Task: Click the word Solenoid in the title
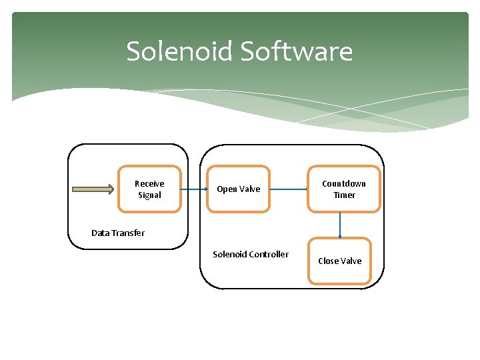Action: pyautogui.click(x=179, y=51)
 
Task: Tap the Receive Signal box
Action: pyautogui.click(x=149, y=189)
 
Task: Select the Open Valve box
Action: pyautogui.click(x=238, y=189)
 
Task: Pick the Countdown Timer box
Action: pyautogui.click(x=344, y=189)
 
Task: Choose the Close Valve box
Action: pyautogui.click(x=340, y=261)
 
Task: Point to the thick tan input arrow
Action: pyautogui.click(x=93, y=189)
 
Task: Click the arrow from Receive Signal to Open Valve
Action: pyautogui.click(x=194, y=189)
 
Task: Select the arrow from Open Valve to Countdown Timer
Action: pyautogui.click(x=289, y=189)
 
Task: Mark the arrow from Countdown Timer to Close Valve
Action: pyautogui.click(x=340, y=225)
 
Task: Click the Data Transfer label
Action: pyautogui.click(x=118, y=233)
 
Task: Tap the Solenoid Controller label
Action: pyautogui.click(x=251, y=254)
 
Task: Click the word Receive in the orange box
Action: pyautogui.click(x=149, y=184)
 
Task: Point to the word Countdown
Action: pyautogui.click(x=344, y=184)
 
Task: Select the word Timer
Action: pyautogui.click(x=344, y=195)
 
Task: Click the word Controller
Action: pyautogui.click(x=267, y=254)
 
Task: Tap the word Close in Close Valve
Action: pyautogui.click(x=329, y=261)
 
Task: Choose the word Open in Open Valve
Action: pyautogui.click(x=226, y=189)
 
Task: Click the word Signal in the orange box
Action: pyautogui.click(x=149, y=195)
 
